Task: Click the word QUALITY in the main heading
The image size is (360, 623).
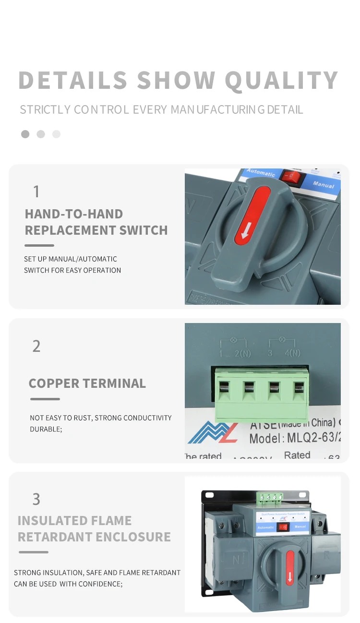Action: click(281, 80)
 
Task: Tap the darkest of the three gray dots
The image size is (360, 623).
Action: click(25, 134)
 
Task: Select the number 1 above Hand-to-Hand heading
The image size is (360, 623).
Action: click(36, 192)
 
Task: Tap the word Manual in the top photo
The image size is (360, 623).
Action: click(323, 184)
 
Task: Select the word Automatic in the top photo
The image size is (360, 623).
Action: click(261, 173)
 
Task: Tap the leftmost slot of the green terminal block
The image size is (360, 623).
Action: click(224, 388)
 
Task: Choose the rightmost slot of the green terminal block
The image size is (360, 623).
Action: click(299, 388)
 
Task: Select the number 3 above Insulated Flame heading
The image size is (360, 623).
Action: click(36, 499)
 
